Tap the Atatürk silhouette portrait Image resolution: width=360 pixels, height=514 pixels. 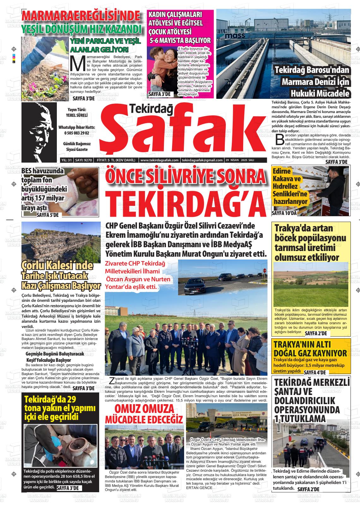pos(39,132)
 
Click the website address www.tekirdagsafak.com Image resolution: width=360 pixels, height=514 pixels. pos(159,160)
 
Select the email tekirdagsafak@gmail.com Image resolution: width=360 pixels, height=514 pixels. pos(202,160)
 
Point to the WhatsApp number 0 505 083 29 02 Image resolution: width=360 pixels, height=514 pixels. pos(77,134)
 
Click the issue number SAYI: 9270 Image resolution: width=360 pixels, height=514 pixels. pos(83,160)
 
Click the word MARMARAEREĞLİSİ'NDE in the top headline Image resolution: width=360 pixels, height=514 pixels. pos(81,16)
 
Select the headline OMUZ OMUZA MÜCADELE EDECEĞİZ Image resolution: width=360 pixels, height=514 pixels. pos(144,414)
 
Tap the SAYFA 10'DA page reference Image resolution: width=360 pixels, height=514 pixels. pos(284,213)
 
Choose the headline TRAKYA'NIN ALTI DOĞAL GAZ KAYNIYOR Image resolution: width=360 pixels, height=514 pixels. pos(310,349)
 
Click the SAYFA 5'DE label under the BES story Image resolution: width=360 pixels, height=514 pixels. pos(47,215)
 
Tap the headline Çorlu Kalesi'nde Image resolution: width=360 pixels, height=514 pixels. pos(57,265)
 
